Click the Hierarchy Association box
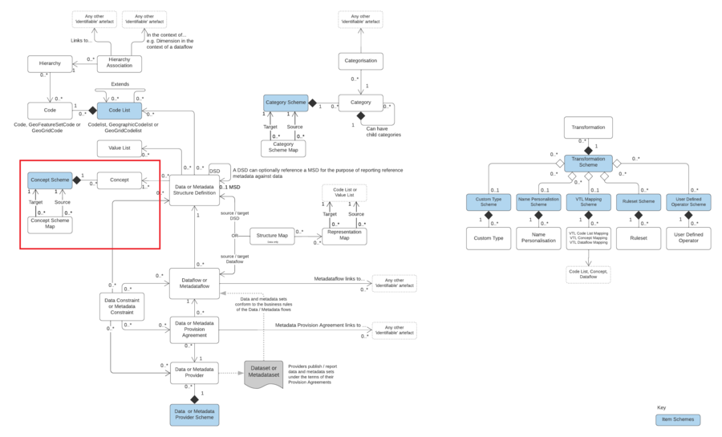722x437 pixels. pos(120,63)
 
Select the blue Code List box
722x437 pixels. pos(120,110)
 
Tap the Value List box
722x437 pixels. pos(120,148)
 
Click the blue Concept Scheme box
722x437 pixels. pos(50,180)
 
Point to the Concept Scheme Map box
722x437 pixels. pos(50,225)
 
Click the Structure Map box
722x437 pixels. pos(272,237)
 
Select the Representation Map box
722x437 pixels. pos(344,237)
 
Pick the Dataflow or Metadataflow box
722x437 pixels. pos(194,283)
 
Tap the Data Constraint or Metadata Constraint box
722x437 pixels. pos(122,307)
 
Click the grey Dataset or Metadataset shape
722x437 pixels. pos(263,374)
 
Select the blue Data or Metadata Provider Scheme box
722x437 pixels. pos(194,415)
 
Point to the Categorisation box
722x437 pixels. pos(361,61)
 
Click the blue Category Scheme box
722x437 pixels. pos(286,103)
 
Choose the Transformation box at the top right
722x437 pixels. pos(588,127)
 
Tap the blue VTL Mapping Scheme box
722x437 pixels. pos(588,202)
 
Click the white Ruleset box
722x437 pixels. pos(639,238)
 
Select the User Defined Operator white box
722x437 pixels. pos(688,238)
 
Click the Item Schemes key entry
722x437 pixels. pos(678,420)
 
